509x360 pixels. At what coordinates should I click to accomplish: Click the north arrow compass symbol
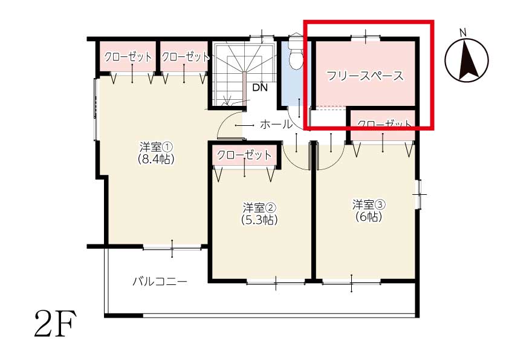467,59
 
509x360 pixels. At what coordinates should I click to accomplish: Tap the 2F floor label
55,324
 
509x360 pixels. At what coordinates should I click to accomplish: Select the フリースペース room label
365,76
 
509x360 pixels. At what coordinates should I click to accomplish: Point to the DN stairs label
260,87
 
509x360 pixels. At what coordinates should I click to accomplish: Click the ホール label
276,124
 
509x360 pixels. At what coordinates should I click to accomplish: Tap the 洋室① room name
156,147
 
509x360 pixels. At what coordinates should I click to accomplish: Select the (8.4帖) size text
156,159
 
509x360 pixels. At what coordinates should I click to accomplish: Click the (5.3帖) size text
259,220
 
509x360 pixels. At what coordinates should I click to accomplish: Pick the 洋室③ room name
369,205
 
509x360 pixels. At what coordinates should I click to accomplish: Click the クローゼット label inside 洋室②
244,155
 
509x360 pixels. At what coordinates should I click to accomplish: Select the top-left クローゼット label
128,57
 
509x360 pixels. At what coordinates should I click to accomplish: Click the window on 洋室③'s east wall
420,194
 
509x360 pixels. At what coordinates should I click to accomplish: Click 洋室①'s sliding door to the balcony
172,248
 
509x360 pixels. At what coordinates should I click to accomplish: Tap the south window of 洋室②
276,283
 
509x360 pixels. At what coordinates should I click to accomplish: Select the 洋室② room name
259,208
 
